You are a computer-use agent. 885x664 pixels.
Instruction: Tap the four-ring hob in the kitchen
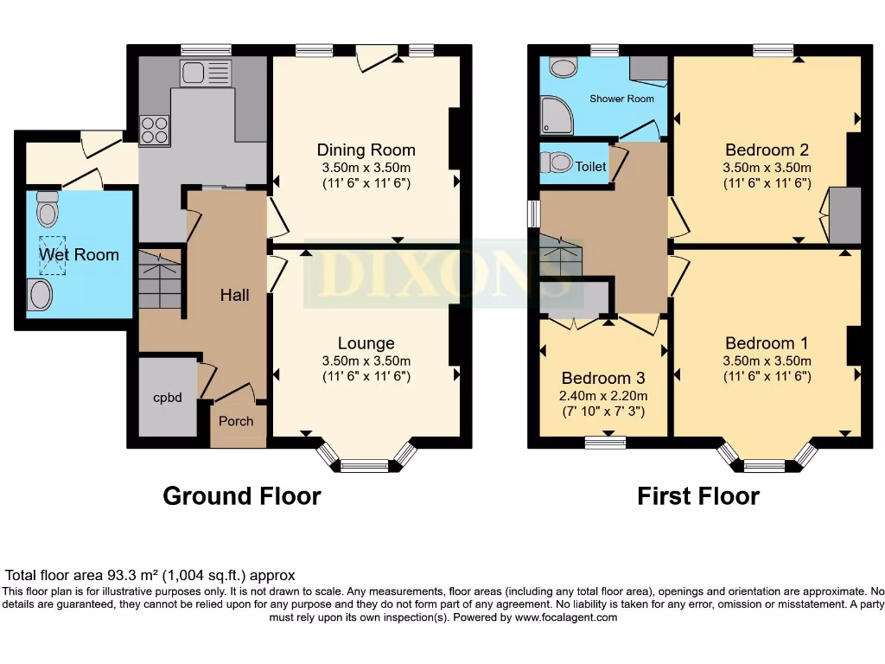click(x=155, y=130)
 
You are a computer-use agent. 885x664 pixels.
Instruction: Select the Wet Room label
click(x=78, y=254)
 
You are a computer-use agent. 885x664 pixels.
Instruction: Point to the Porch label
click(x=236, y=421)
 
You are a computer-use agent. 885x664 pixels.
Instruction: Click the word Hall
click(x=234, y=295)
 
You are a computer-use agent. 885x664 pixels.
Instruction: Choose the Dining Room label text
click(x=366, y=150)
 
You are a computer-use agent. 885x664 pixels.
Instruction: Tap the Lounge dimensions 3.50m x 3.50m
click(x=366, y=361)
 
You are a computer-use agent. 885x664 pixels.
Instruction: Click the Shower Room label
click(x=621, y=99)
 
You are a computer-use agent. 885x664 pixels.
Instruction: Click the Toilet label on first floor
click(x=591, y=166)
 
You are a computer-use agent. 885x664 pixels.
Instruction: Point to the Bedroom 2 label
click(x=767, y=150)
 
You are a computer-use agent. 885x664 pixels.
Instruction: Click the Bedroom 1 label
click(x=767, y=343)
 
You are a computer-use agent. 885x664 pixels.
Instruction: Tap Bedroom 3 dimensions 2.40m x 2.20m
click(x=602, y=395)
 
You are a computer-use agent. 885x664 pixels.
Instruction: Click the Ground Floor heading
click(x=242, y=496)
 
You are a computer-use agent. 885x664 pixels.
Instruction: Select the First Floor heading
click(x=697, y=496)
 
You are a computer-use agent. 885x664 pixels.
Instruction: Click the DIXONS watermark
click(x=432, y=272)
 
